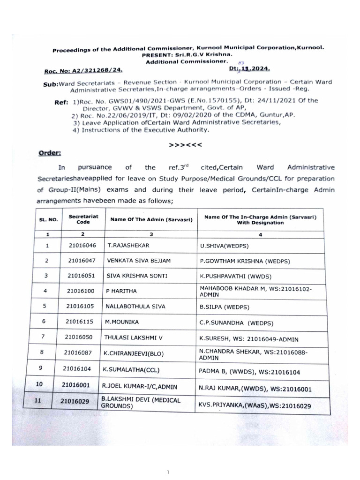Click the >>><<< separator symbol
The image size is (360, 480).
click(186, 145)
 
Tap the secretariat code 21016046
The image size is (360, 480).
click(82, 245)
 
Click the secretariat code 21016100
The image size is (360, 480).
click(82, 291)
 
